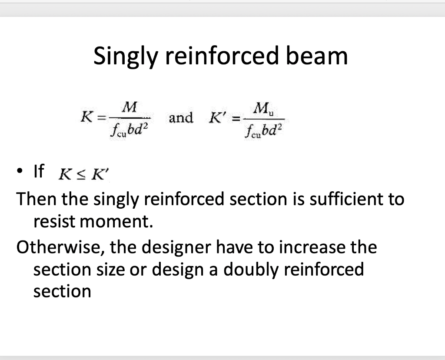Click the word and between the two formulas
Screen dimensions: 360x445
[x=180, y=117]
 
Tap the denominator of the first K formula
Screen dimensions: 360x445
[x=129, y=129]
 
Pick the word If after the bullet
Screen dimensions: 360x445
[x=38, y=172]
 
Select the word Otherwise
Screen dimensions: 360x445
[x=60, y=247]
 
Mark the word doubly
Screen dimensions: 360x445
[x=251, y=270]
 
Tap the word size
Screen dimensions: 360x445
[x=109, y=270]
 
